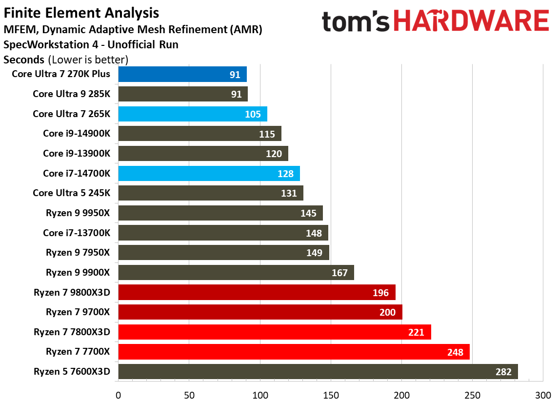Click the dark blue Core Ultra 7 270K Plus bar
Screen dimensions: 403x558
pos(182,74)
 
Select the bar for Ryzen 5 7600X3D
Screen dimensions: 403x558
pos(317,372)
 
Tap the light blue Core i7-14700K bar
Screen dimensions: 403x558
pos(209,174)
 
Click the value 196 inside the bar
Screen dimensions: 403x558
pos(380,293)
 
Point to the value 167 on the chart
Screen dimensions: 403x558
pos(339,273)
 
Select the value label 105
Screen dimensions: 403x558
pos(253,114)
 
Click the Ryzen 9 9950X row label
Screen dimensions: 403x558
pos(78,213)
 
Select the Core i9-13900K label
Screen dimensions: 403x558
pos(77,153)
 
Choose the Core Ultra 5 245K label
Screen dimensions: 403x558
pos(72,193)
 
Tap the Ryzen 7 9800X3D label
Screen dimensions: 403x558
pos(72,293)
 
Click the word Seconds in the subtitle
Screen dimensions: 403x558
pos(24,60)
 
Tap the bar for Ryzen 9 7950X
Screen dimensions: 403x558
pos(223,253)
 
